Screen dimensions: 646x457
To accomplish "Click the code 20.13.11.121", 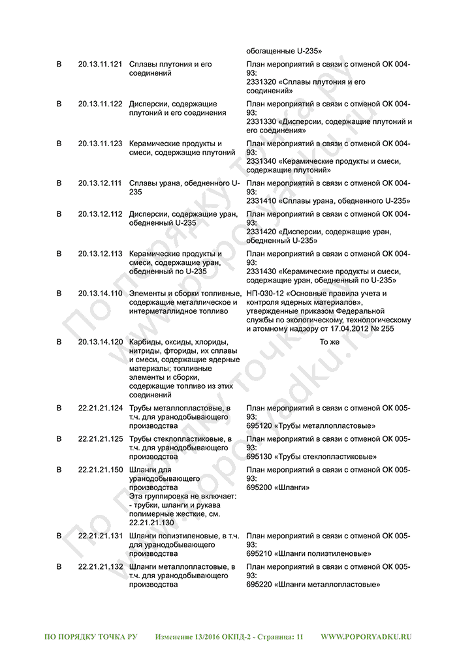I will click(x=100, y=65).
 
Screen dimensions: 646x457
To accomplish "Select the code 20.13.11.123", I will click(x=100, y=144).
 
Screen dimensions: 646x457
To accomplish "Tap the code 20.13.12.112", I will click(x=100, y=214).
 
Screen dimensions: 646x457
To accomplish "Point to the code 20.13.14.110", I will click(x=100, y=293).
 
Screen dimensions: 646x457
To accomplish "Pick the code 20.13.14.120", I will click(x=100, y=341).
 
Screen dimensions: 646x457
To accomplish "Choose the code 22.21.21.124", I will click(x=100, y=408).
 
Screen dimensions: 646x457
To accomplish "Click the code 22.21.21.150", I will click(x=100, y=470).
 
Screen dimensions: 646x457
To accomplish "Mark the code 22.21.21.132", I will click(x=100, y=566).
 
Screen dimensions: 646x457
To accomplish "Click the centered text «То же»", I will click(x=330, y=341).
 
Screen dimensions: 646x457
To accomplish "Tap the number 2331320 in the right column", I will click(x=261, y=82).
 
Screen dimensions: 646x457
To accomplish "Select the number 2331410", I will click(x=261, y=201).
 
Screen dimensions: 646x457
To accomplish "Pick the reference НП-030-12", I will click(x=265, y=293).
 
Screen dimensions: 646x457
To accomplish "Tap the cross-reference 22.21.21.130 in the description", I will click(x=151, y=523).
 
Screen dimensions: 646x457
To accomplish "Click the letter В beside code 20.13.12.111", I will click(x=59, y=183).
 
